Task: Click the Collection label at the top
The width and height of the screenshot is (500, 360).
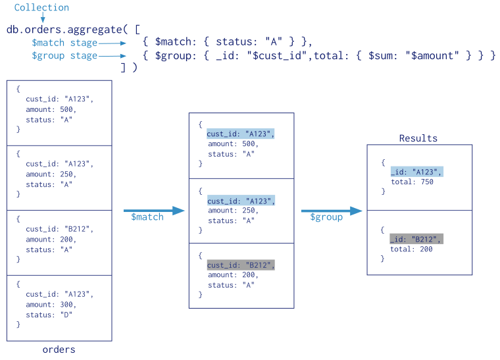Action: (x=41, y=8)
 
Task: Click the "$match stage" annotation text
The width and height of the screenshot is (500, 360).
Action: (x=64, y=43)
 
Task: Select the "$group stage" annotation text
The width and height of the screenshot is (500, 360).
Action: (x=64, y=56)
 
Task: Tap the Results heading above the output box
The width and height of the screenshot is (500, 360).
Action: (x=418, y=138)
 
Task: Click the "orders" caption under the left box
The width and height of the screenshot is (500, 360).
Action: (x=59, y=349)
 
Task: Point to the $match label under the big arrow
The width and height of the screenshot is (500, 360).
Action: (x=147, y=217)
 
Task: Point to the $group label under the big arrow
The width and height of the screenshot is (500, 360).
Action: (x=326, y=217)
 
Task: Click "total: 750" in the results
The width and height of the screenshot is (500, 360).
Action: (x=412, y=182)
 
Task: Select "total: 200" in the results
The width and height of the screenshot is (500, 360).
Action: (x=412, y=249)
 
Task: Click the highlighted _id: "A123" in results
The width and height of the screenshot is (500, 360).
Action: (x=416, y=172)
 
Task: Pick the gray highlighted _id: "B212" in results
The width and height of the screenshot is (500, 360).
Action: (x=416, y=239)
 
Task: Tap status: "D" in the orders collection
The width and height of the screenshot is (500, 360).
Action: (x=49, y=315)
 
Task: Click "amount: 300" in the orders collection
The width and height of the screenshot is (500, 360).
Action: (x=51, y=305)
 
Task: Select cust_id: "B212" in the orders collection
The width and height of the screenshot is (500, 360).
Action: (x=59, y=229)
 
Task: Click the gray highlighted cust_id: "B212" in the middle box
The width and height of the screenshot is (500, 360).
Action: (x=240, y=265)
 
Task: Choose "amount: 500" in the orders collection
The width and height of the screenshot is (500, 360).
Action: (x=51, y=109)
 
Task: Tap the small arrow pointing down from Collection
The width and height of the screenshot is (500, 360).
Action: (x=41, y=18)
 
